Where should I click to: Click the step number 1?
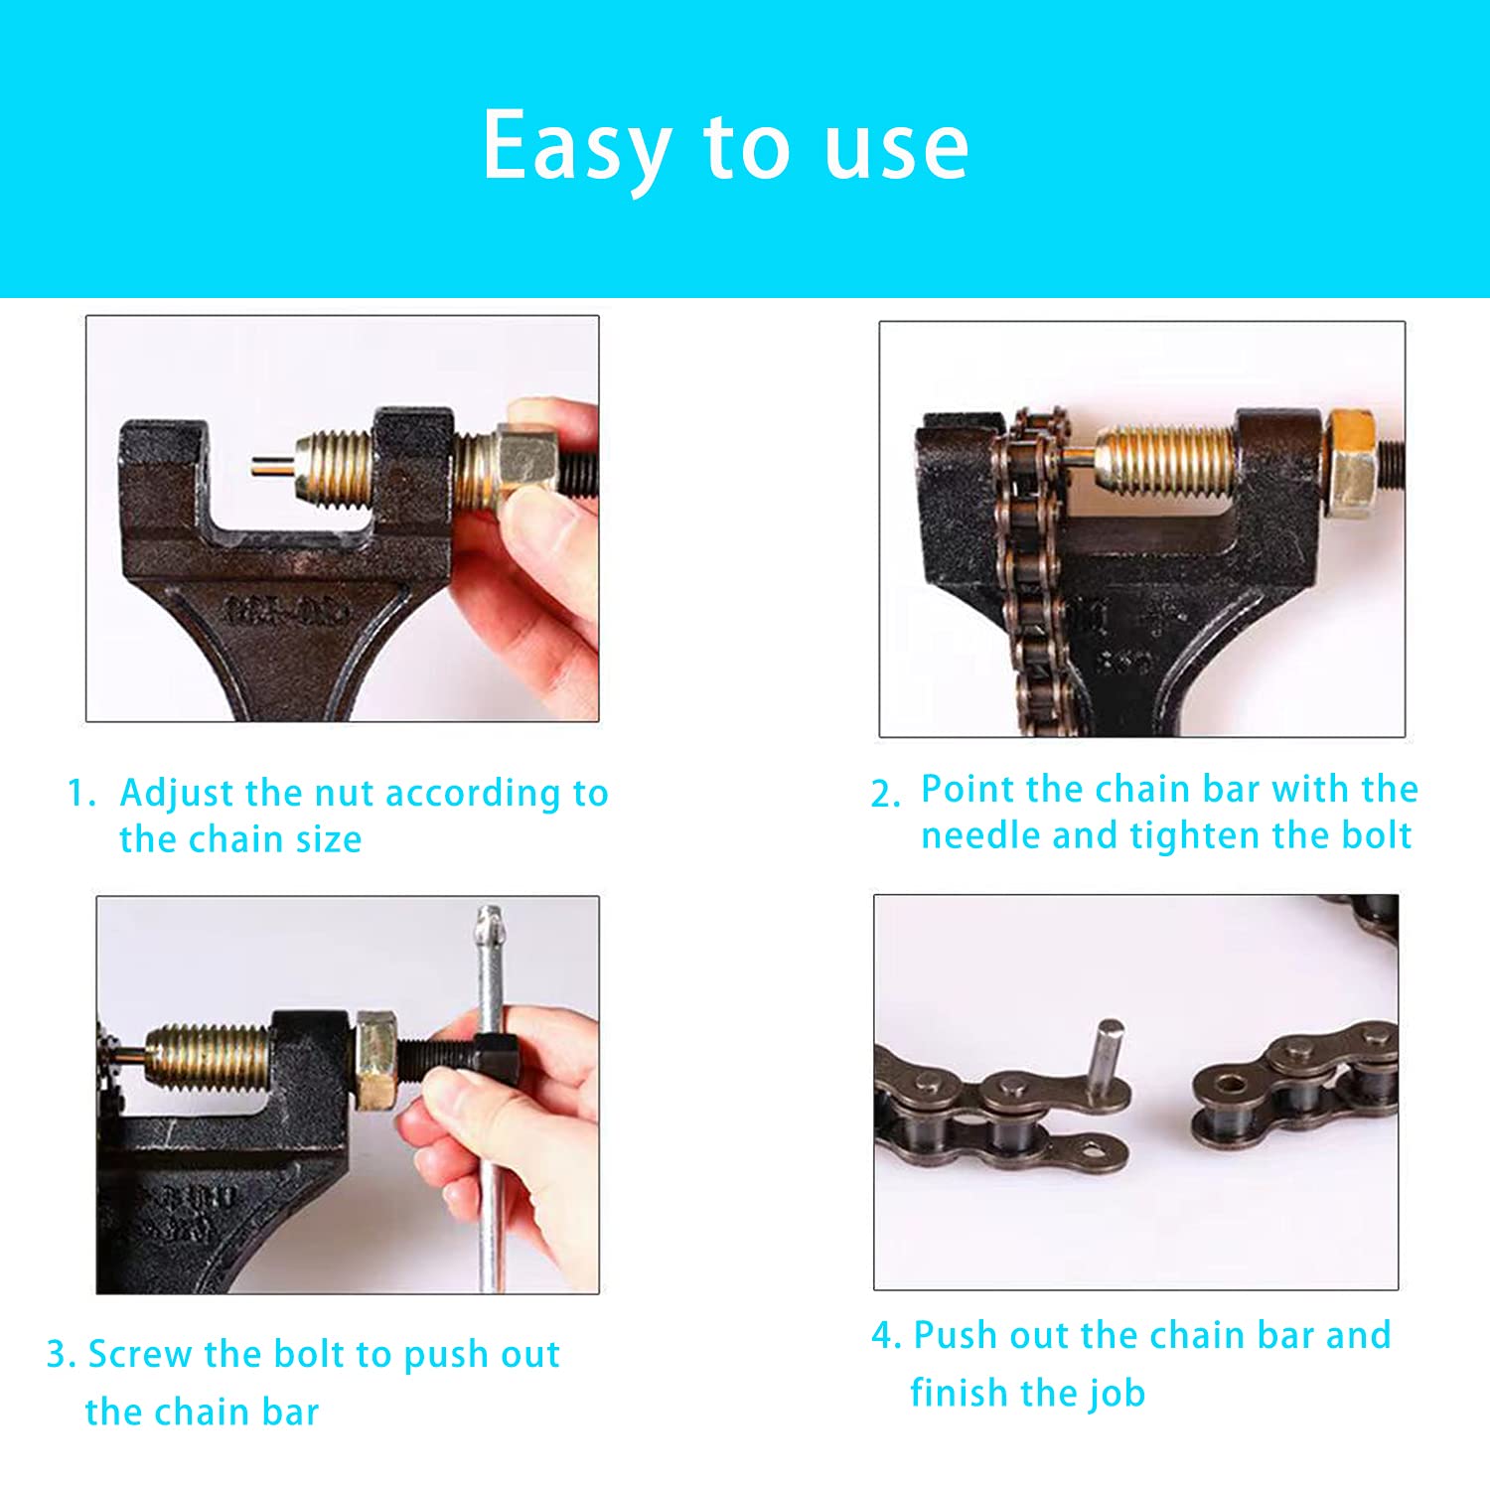[79, 794]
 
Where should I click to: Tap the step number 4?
[884, 1335]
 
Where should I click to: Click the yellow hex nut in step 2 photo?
[1352, 462]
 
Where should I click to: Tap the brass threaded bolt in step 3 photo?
[209, 1056]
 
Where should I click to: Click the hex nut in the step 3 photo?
[375, 1058]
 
